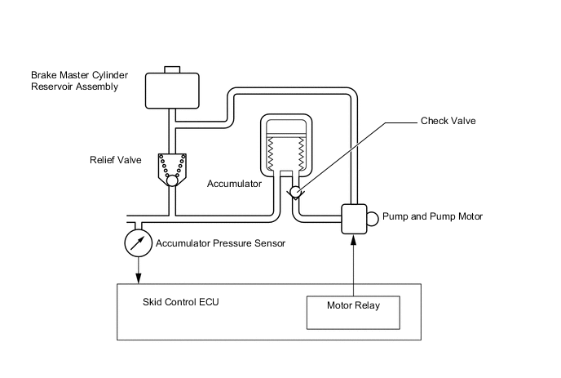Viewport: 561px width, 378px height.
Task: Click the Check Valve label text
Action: point(448,121)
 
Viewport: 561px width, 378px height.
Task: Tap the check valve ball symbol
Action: point(295,193)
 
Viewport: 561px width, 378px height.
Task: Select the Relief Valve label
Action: point(114,160)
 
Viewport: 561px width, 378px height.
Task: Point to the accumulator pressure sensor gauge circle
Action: point(139,242)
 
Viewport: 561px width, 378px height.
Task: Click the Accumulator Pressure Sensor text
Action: point(219,242)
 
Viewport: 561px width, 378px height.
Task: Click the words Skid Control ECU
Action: point(181,302)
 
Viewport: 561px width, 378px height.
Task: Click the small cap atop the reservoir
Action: point(172,69)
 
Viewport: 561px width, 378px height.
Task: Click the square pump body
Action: point(354,219)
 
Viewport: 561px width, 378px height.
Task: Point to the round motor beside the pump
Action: point(373,218)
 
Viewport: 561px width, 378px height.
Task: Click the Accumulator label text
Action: point(234,185)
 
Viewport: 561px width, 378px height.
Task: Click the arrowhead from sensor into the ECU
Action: point(139,280)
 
